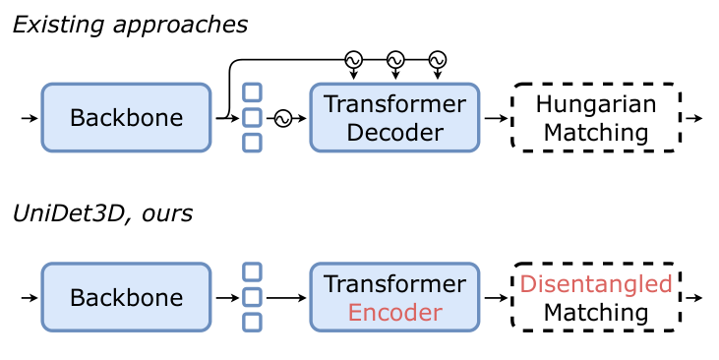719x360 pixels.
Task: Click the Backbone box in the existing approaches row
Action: coord(126,118)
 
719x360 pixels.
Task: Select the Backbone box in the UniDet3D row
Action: coord(126,297)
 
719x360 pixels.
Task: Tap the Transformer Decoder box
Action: coord(395,118)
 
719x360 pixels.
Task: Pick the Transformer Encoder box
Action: coord(395,297)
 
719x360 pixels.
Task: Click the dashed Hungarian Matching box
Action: coord(596,118)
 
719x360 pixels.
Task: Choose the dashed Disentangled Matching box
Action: coord(596,297)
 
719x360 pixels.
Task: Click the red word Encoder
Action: coord(395,312)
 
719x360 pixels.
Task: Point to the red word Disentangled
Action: coord(596,284)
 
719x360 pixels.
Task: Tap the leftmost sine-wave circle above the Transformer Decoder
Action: coord(352,59)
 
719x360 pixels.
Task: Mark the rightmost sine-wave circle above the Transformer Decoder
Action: coord(437,59)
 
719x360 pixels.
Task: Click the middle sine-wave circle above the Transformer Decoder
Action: coord(394,59)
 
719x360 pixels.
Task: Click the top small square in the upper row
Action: coord(253,92)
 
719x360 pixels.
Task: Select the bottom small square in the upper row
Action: coord(253,144)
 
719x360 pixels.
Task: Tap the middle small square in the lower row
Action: coord(253,297)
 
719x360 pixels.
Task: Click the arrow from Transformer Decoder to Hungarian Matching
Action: coord(496,118)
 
